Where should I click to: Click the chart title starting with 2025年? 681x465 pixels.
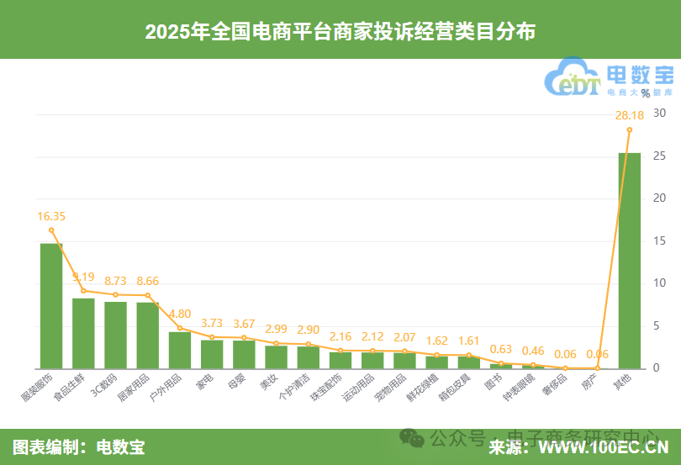[x=340, y=31]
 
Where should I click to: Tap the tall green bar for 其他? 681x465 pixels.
[x=629, y=261]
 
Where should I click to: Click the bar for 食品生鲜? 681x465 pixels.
[x=83, y=333]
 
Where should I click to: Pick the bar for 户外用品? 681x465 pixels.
[x=180, y=350]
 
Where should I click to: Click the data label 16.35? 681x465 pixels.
[x=51, y=216]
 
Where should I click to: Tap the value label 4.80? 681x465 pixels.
[x=180, y=314]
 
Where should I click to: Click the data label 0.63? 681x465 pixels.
[x=501, y=350]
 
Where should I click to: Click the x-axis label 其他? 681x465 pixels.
[x=622, y=381]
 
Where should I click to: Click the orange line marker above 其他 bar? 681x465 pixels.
[x=629, y=129]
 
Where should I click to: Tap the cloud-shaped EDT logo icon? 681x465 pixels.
[x=573, y=78]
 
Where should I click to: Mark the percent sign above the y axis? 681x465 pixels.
[x=645, y=93]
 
